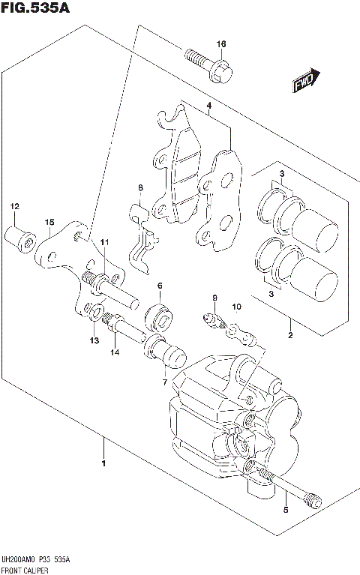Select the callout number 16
coord(220,44)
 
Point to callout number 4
coord(209,106)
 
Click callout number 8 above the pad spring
coord(139,187)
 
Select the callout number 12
coord(13,206)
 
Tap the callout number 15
coord(49,222)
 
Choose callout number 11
coord(104,241)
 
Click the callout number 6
coord(160,286)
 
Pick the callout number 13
coord(94,341)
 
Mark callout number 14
coord(115,352)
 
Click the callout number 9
coord(214,299)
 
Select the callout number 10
coord(236,307)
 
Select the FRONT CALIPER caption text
coord(27,570)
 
